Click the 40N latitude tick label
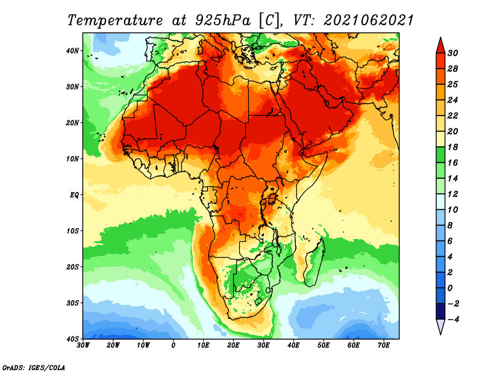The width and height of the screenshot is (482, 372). (x=72, y=51)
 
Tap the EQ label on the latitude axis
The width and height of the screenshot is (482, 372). (x=74, y=195)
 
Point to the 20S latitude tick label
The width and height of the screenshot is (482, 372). (x=72, y=267)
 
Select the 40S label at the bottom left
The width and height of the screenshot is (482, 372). (x=72, y=339)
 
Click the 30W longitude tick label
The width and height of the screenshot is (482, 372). (x=83, y=346)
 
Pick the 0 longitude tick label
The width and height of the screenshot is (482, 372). (x=174, y=346)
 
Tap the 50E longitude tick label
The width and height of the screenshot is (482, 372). (x=324, y=346)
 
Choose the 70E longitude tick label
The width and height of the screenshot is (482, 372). (x=383, y=346)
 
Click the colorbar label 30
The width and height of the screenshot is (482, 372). (x=452, y=53)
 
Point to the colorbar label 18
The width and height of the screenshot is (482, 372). (x=452, y=147)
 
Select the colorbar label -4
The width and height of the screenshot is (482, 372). (x=452, y=320)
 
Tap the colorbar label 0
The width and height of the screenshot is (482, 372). (x=450, y=288)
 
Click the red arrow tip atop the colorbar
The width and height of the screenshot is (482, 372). (x=440, y=38)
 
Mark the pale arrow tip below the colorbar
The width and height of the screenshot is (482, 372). (x=440, y=334)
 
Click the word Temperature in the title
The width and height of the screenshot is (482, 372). (x=115, y=20)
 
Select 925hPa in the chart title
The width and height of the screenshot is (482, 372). (x=223, y=20)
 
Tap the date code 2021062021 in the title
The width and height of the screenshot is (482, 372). (x=369, y=20)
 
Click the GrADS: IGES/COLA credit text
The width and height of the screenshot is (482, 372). (x=34, y=367)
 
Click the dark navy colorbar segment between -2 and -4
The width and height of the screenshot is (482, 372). (x=440, y=311)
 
